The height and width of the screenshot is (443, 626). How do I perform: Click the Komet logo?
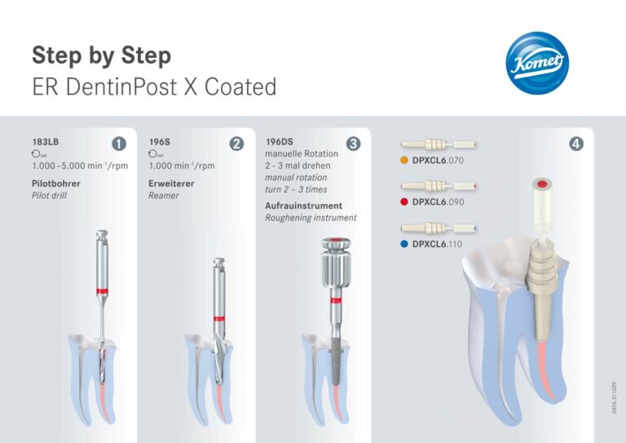[x=537, y=65]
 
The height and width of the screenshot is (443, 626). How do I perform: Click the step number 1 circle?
[x=119, y=144]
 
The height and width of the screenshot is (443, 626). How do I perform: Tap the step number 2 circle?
[x=236, y=144]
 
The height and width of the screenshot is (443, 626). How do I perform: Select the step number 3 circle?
[x=353, y=144]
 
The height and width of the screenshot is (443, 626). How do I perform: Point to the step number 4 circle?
[x=577, y=144]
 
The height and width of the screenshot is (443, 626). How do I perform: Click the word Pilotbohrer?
[x=56, y=184]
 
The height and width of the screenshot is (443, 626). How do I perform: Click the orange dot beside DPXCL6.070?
[x=404, y=161]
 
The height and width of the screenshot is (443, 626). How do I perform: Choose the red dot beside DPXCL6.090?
[x=404, y=202]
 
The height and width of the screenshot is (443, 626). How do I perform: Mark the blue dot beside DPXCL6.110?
[x=404, y=243]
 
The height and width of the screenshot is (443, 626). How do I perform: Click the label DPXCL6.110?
[x=438, y=243]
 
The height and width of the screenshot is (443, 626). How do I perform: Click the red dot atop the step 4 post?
[x=540, y=185]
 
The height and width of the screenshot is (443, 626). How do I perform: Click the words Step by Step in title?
[x=102, y=55]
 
